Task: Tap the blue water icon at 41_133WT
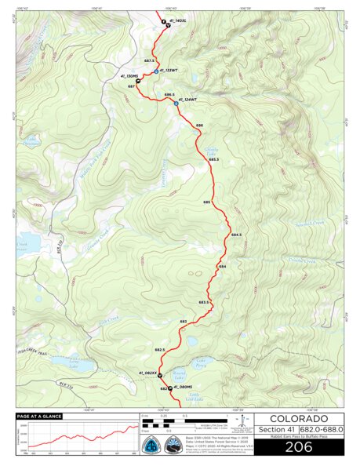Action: click(x=155, y=71)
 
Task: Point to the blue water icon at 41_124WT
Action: click(x=176, y=100)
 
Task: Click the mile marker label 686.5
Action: click(x=169, y=95)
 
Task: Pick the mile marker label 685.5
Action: click(x=213, y=159)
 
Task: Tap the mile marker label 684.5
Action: click(x=237, y=235)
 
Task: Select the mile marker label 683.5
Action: click(x=203, y=302)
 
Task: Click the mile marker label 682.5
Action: click(x=159, y=350)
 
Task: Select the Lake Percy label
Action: click(x=201, y=365)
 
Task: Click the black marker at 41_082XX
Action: click(x=160, y=375)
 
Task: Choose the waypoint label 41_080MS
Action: click(x=183, y=388)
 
